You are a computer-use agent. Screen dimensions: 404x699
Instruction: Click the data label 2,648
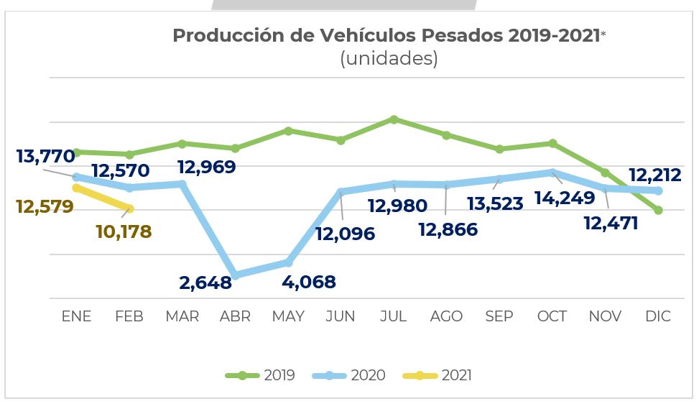coord(205,283)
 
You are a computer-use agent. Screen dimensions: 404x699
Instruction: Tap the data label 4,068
coord(309,282)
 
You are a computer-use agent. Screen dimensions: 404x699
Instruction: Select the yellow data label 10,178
coord(124,232)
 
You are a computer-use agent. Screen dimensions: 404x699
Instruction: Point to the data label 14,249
coord(565,198)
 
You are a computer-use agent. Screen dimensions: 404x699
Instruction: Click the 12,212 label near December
coord(654,175)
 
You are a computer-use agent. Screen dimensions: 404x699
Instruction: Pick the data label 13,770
coord(45,156)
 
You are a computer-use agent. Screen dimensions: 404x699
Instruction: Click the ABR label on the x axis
coord(235,316)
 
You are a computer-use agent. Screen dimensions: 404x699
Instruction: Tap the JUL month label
coord(394,316)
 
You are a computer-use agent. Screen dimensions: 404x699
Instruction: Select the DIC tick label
coord(657,316)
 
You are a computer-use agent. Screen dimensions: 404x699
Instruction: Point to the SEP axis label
coord(499,316)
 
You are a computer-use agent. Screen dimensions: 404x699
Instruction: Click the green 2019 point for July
coord(394,119)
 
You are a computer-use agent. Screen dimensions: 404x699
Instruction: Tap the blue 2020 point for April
coord(235,275)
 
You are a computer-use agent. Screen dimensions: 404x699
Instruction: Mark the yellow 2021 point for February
coord(130,209)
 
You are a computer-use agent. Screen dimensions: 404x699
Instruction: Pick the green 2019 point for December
coord(658,210)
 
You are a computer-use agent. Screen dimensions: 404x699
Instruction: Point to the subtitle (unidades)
coord(389,59)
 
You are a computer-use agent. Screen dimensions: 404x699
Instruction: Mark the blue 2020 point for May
coord(288,262)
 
